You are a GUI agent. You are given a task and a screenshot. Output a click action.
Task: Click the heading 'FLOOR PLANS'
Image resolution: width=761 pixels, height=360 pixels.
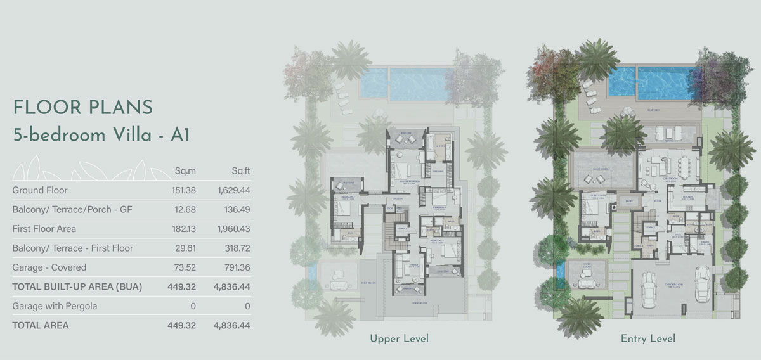click(x=82, y=107)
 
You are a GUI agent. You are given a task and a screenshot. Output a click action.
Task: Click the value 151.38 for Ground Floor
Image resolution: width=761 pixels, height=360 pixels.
click(x=183, y=190)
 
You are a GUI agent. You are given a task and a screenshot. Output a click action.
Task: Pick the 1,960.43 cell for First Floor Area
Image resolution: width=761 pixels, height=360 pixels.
click(x=233, y=229)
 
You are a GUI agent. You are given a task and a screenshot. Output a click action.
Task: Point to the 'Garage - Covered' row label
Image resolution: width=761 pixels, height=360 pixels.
click(x=49, y=267)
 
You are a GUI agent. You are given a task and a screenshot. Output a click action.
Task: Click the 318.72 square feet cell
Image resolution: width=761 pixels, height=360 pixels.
click(x=237, y=248)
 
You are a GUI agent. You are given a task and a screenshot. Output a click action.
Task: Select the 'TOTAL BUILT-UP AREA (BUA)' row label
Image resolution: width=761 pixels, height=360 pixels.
click(x=77, y=287)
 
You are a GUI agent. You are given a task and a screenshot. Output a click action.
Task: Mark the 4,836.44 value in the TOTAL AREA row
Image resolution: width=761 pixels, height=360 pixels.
click(x=233, y=326)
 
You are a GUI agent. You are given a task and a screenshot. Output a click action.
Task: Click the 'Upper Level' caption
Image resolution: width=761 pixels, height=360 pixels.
click(x=399, y=339)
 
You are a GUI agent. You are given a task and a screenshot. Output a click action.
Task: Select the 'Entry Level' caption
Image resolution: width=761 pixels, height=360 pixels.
click(x=647, y=339)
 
